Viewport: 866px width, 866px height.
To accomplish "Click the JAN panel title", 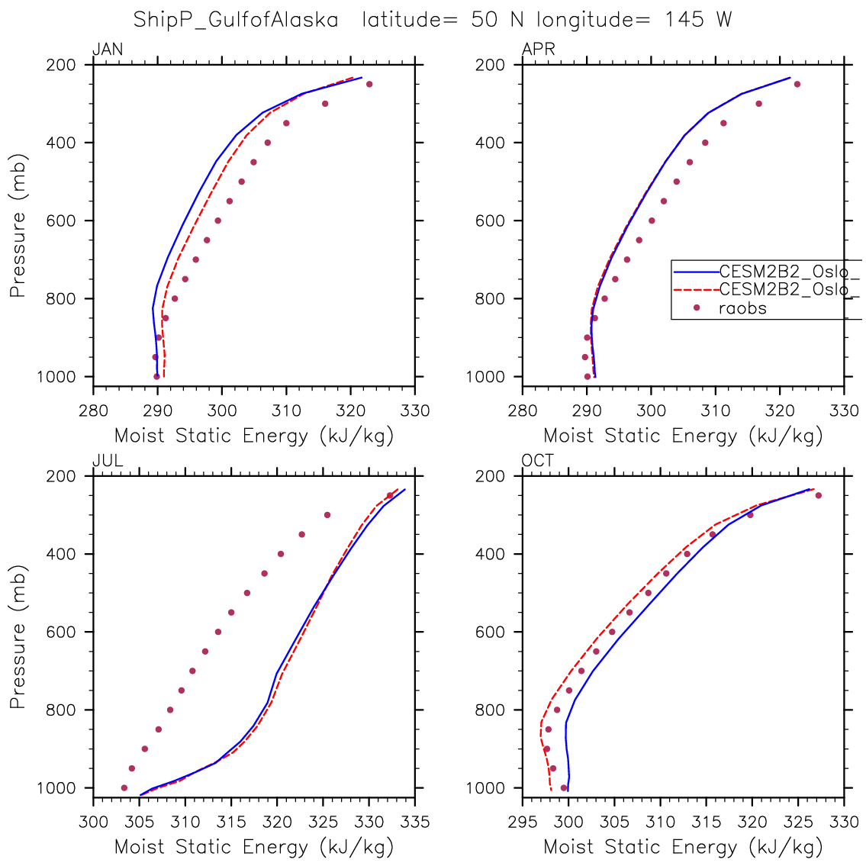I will [x=108, y=50].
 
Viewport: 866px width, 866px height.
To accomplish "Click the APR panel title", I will [x=538, y=50].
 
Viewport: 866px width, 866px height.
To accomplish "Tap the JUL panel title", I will [x=108, y=461].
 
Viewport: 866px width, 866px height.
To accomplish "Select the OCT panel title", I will [x=538, y=461].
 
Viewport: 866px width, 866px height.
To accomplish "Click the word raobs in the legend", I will [x=742, y=308].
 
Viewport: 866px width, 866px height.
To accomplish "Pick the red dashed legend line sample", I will [x=695, y=290].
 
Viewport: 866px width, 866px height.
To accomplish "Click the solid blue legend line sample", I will [x=695, y=271].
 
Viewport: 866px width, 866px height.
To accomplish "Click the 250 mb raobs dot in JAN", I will [x=369, y=84].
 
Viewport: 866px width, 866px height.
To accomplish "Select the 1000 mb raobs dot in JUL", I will [x=124, y=787].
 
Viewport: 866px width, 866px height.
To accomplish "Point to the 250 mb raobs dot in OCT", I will [x=818, y=495].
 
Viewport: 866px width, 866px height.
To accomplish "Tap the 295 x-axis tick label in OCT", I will [x=523, y=823].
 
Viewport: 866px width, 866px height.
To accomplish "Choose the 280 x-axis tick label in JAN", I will [x=93, y=411].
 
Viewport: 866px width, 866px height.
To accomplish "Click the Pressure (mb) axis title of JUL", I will [x=18, y=637].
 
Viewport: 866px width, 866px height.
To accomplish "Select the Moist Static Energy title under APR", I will [x=683, y=436].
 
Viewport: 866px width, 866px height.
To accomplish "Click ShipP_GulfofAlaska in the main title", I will [x=236, y=19].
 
